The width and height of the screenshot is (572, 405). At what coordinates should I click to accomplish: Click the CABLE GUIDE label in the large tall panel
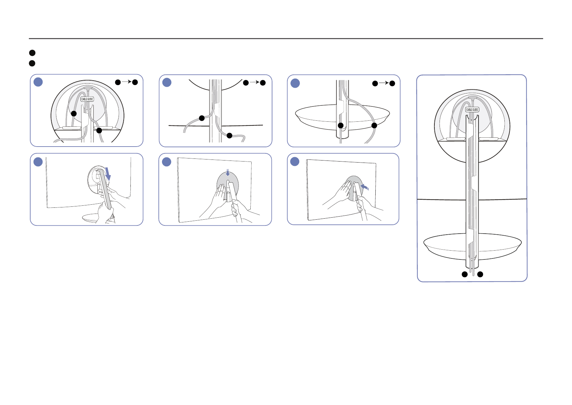[x=472, y=110]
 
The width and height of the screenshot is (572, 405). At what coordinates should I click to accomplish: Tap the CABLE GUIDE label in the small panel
[x=87, y=99]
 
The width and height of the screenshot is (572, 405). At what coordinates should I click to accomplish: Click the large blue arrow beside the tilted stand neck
[x=108, y=173]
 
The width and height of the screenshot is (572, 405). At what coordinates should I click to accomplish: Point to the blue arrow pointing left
[x=364, y=186]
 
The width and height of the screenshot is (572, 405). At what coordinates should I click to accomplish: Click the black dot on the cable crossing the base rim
[x=374, y=125]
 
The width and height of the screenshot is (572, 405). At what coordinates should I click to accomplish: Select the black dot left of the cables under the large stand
[x=464, y=274]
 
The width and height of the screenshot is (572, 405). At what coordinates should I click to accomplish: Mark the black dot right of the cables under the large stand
[x=480, y=274]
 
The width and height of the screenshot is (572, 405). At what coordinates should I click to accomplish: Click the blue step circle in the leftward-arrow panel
[x=295, y=162]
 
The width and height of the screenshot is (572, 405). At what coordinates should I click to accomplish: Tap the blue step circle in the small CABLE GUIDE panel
[x=38, y=82]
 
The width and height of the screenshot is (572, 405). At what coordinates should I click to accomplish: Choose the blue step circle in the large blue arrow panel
[x=38, y=162]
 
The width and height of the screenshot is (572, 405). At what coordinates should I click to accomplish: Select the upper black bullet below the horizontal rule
[x=32, y=53]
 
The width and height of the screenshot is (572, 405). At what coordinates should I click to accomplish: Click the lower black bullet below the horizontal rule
[x=32, y=63]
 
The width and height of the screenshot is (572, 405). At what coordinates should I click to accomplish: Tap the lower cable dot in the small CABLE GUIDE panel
[x=99, y=131]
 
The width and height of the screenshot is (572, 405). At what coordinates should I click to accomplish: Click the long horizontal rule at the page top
[x=286, y=39]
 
